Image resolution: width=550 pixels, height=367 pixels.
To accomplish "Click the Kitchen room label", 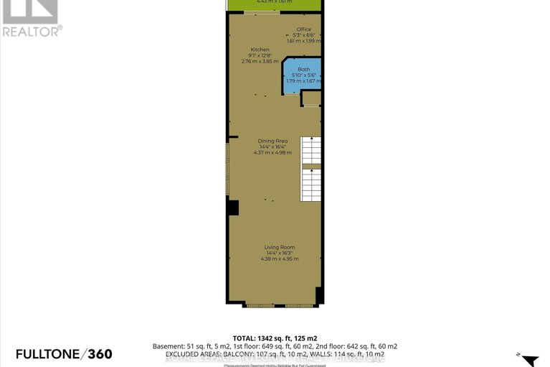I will click(x=260, y=50).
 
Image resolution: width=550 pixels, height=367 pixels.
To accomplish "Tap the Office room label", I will click(x=304, y=29).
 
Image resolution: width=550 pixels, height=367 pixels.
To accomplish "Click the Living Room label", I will click(x=279, y=247).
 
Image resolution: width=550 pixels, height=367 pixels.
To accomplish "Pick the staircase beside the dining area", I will click(x=310, y=169).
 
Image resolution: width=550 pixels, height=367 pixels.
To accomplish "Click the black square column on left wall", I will click(x=232, y=208).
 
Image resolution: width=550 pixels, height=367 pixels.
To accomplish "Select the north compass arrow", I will click(x=529, y=359).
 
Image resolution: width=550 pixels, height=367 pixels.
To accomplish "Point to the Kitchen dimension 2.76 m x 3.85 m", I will click(x=260, y=62).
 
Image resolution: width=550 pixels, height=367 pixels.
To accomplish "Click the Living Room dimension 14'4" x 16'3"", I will click(x=279, y=253).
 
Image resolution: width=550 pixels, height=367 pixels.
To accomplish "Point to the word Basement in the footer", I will click(x=166, y=345).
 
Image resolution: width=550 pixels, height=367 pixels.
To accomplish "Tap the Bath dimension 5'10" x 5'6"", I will click(x=303, y=75).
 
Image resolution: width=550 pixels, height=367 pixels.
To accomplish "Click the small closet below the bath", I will click(x=310, y=100).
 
